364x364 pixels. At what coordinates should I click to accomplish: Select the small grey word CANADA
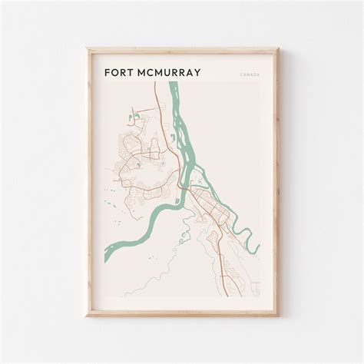[x=249, y=75]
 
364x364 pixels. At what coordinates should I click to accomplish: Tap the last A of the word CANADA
[x=258, y=75]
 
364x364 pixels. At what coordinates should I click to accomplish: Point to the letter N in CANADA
[x=247, y=75]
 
